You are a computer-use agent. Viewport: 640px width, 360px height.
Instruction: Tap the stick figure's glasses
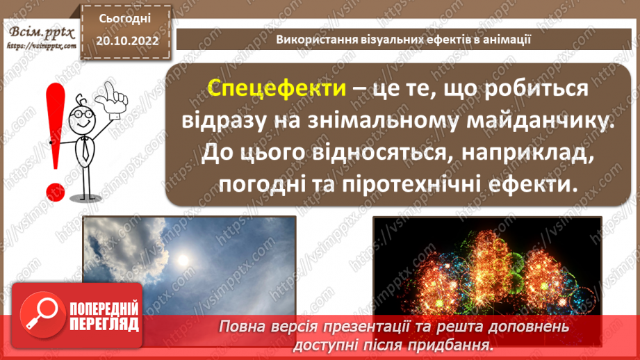point(82,113)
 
